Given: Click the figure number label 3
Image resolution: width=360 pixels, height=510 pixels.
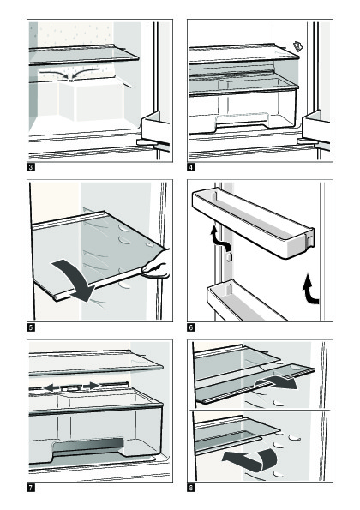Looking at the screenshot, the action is pos(31,167).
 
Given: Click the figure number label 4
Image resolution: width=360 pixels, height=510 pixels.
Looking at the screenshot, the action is pos(191,167).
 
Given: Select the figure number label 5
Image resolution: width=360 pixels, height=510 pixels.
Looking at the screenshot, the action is pos(31,327).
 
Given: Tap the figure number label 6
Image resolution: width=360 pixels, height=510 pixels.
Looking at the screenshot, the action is pos(191,327).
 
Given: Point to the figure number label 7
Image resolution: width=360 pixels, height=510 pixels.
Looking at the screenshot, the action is pos(31,488).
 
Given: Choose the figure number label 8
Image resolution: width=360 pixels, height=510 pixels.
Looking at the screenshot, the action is pos(191,488).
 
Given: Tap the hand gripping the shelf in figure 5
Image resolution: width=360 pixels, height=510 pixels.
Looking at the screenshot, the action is pos(157,265).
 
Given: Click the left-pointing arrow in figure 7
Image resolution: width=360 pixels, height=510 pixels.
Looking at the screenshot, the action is pos(51,387).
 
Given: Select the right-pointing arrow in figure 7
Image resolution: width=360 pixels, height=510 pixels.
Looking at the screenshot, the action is pos(92,386).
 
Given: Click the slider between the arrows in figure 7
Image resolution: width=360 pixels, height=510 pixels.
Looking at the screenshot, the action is pos(71,387).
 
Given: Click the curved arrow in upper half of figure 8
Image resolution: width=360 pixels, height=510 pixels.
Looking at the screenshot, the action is pos(276,383).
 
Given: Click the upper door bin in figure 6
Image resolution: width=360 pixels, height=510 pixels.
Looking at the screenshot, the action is pos(254,221).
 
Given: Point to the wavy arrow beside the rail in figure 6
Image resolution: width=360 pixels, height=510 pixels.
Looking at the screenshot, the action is pos(219,237).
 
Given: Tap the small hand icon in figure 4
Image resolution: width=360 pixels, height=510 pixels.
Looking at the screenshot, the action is pos(298,46).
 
